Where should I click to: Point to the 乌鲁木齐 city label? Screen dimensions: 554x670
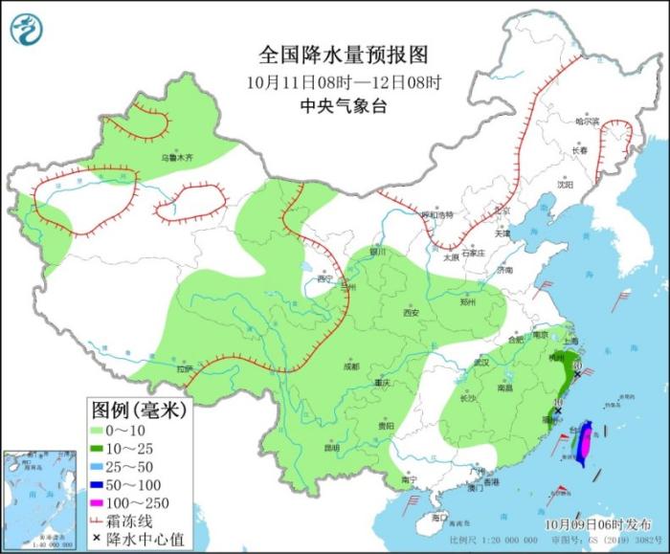[176, 156]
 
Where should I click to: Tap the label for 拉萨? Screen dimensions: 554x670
[185, 367]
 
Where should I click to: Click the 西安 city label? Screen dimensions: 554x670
[412, 312]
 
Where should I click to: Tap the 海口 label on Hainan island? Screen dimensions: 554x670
[438, 517]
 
